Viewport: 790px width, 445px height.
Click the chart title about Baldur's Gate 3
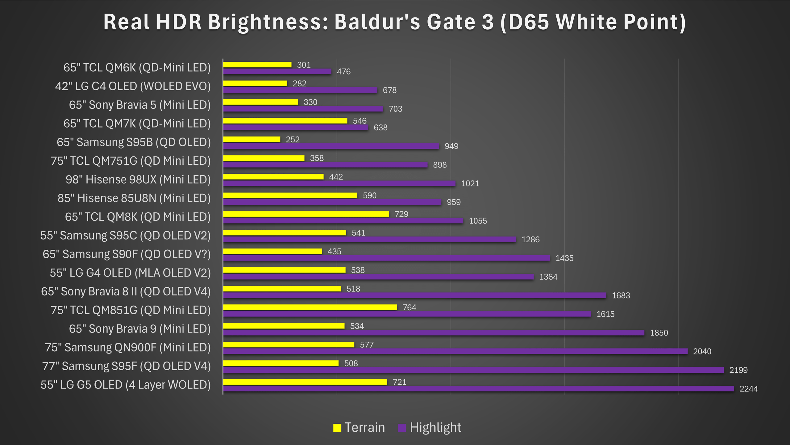pos(395,22)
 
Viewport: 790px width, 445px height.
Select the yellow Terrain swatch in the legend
pos(337,428)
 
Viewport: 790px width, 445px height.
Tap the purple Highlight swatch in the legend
pos(402,428)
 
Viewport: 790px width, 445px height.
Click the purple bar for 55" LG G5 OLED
pos(478,389)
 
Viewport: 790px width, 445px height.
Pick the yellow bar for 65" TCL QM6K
pos(257,65)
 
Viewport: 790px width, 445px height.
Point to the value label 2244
pos(749,389)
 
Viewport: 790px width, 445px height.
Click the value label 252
pos(293,139)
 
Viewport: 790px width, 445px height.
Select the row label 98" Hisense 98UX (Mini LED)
pos(138,180)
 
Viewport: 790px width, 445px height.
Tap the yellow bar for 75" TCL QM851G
pos(310,307)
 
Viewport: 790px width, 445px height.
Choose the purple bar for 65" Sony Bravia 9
pos(434,333)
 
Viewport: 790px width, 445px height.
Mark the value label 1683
pos(621,295)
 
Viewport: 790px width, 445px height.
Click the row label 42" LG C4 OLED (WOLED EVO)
pos(133,86)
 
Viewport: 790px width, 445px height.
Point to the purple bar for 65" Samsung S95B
pos(331,146)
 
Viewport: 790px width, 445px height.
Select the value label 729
pos(401,214)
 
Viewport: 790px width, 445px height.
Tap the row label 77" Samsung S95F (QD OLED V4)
pos(126,366)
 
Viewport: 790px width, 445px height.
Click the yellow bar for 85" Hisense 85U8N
pos(290,195)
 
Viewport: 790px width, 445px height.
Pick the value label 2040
pos(702,351)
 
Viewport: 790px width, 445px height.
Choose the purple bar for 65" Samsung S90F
pos(386,258)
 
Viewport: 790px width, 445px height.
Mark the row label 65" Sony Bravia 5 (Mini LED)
pos(139,105)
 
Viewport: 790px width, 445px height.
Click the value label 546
pos(360,121)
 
